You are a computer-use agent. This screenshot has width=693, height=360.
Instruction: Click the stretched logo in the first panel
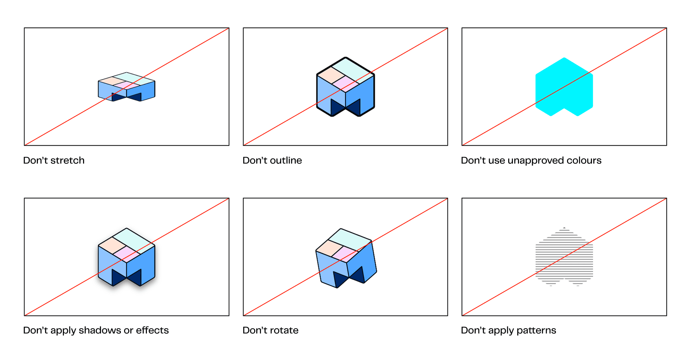tap(126, 87)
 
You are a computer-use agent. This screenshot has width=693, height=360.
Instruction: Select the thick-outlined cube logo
tap(345, 87)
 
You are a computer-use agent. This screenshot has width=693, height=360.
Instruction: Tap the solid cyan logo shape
tap(564, 87)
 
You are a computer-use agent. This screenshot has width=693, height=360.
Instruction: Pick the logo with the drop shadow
tap(126, 257)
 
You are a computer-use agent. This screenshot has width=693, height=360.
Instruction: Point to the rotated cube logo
tap(346, 258)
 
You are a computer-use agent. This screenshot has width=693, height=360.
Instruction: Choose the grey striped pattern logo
tap(564, 257)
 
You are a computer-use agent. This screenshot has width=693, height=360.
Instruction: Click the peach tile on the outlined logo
tap(331, 74)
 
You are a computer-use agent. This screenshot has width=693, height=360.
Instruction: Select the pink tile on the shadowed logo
tap(126, 253)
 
